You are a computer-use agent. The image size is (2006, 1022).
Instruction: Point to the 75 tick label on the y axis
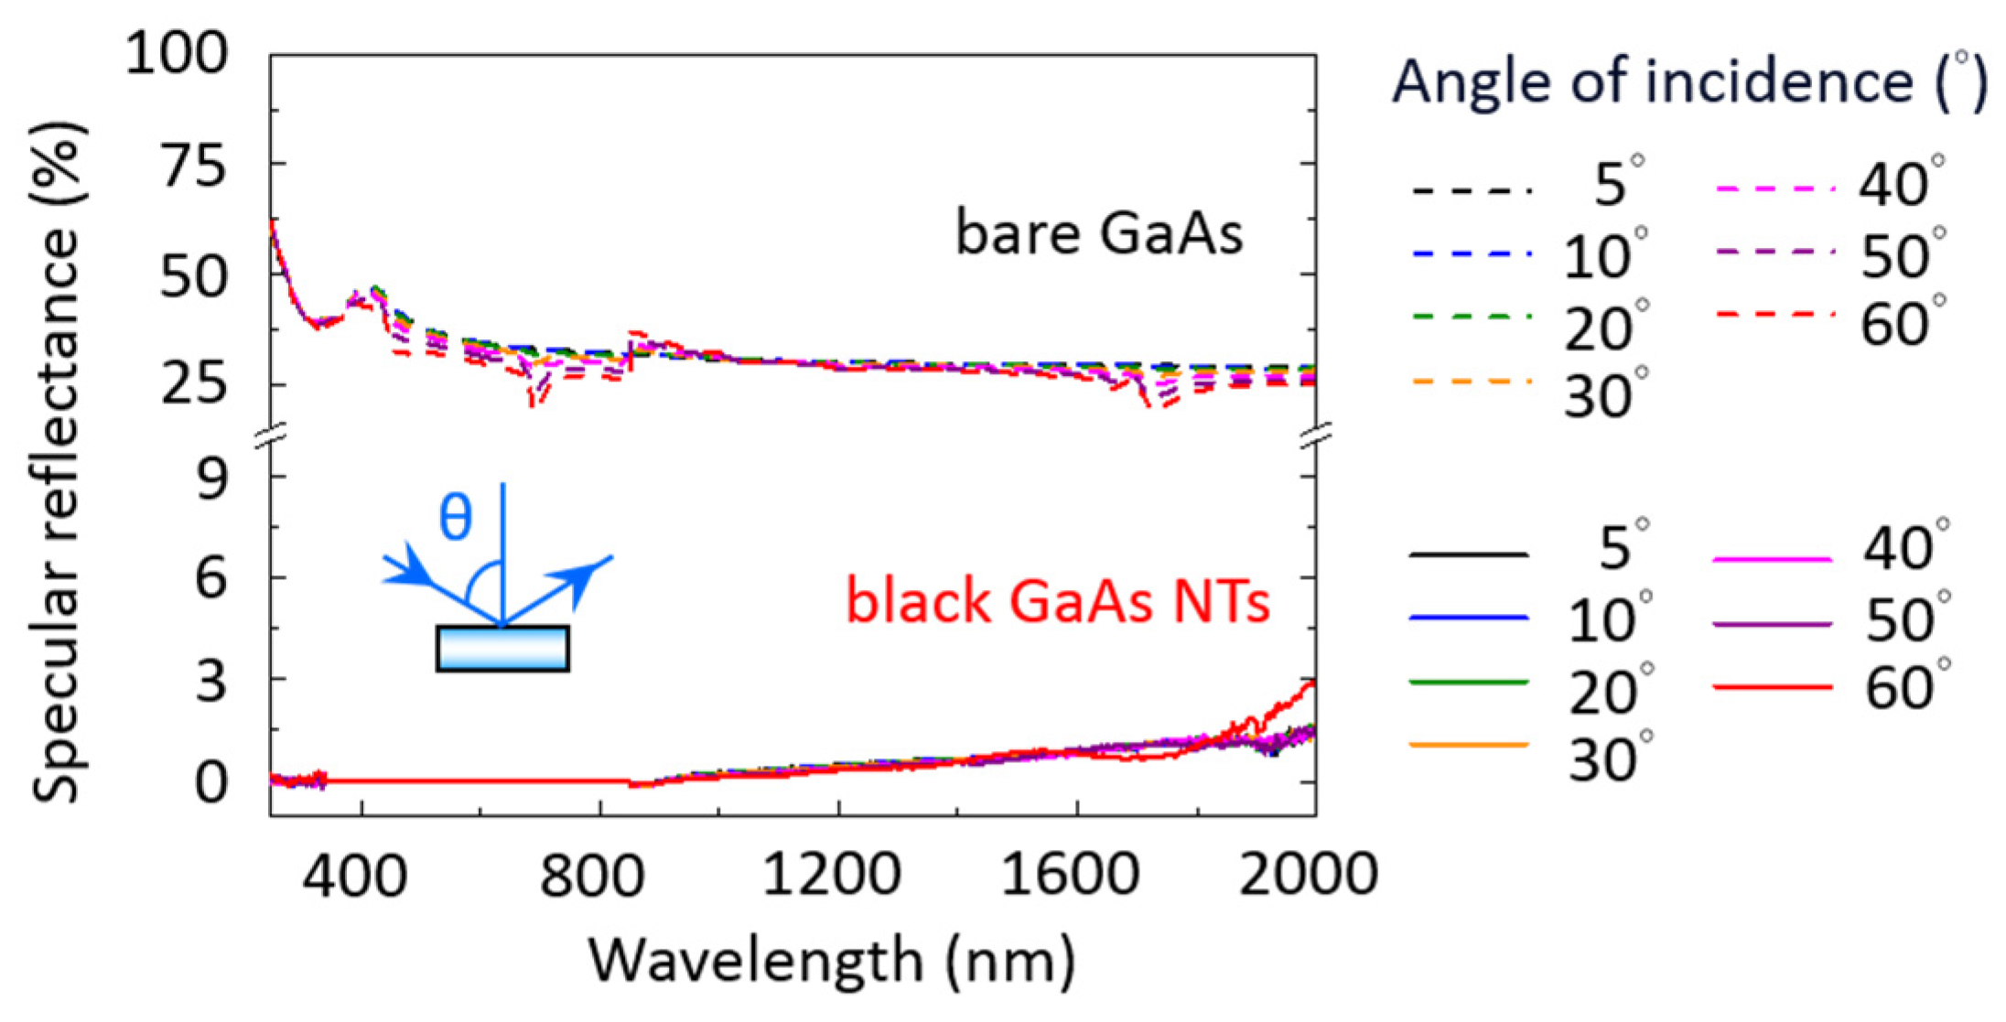coord(193,167)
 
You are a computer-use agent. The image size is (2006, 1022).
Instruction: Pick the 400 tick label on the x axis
coord(355,875)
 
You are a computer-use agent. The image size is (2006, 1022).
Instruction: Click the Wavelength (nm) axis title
coord(831,961)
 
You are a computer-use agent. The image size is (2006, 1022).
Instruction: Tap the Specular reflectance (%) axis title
coord(57,462)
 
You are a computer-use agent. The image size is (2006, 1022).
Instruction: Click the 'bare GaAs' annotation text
coord(1098,232)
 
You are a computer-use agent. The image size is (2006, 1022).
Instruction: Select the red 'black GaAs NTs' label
coord(1057,602)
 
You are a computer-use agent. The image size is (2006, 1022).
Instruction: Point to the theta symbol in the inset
coord(455,518)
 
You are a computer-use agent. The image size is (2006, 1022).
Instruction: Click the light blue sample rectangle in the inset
coord(502,649)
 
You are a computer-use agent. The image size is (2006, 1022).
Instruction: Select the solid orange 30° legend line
coord(1469,745)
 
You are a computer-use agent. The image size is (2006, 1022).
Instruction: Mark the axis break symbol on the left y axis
coord(271,437)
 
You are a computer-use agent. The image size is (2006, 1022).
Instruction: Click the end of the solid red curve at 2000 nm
coord(1313,683)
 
